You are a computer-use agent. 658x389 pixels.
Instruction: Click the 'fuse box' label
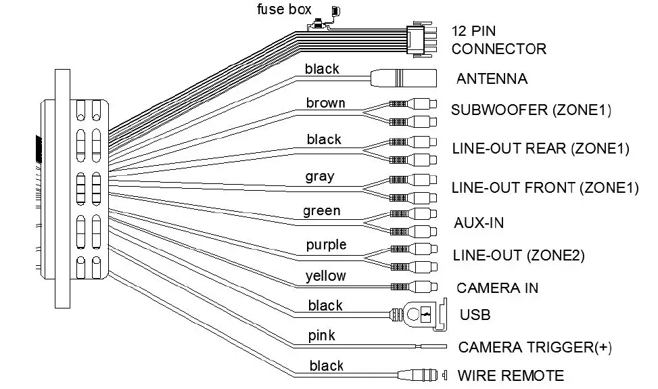(x=284, y=9)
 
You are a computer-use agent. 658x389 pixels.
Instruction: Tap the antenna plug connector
(x=403, y=78)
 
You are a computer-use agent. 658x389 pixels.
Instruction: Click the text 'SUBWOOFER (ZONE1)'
(x=531, y=110)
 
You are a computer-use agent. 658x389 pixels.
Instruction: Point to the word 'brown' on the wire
(x=325, y=103)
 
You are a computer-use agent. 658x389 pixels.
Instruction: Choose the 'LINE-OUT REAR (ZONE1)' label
(x=540, y=149)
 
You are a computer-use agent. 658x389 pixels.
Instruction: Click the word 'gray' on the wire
(x=319, y=177)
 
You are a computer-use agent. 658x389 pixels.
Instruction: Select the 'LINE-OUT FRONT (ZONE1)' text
(x=544, y=187)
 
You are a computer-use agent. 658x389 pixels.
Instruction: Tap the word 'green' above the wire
(x=321, y=211)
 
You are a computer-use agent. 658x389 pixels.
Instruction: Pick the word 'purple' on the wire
(x=326, y=244)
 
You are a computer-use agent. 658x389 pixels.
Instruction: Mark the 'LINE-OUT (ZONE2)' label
(x=518, y=255)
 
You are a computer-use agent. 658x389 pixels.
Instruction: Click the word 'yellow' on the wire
(x=325, y=276)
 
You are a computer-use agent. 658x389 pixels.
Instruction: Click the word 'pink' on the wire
(x=321, y=336)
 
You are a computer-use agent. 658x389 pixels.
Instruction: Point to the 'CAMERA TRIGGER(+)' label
(x=535, y=348)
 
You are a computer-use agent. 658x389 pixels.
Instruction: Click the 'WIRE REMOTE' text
(x=511, y=375)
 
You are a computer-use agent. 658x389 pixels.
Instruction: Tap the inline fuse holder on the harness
(x=318, y=26)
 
